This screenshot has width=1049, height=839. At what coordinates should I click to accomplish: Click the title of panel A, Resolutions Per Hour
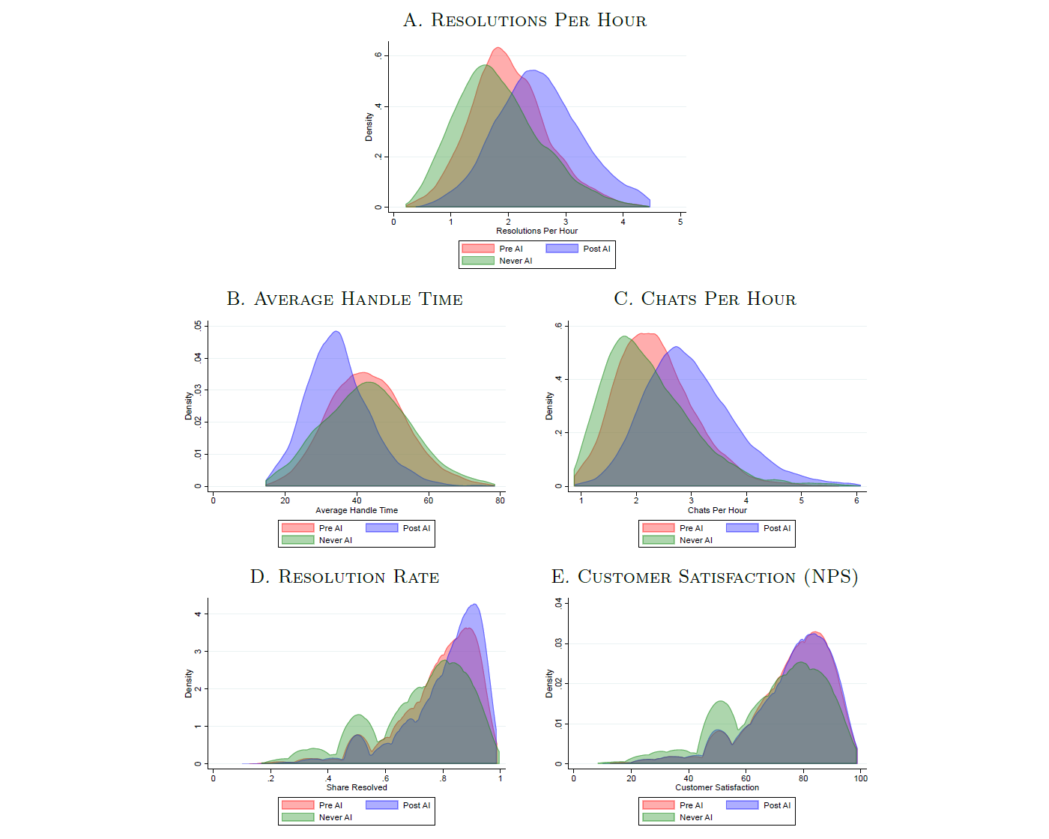[x=524, y=20]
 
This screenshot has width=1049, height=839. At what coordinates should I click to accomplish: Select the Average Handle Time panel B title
[x=345, y=299]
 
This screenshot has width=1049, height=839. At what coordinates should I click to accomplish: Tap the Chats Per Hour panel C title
[x=705, y=299]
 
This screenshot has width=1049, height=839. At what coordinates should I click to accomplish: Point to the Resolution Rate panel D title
[x=345, y=577]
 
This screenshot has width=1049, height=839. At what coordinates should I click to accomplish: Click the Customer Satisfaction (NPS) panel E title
[x=705, y=577]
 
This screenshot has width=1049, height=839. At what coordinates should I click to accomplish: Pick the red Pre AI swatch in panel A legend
[x=478, y=249]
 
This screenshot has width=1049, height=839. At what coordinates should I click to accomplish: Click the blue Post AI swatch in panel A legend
[x=562, y=249]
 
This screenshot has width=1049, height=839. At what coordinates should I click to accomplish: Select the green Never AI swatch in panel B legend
[x=297, y=540]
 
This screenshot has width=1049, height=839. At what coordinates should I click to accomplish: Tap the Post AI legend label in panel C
[x=777, y=528]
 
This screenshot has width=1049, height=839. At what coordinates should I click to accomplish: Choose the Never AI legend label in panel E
[x=696, y=817]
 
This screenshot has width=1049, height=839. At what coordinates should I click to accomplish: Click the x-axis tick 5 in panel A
[x=680, y=222]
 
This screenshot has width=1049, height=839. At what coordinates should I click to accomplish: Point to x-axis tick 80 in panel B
[x=500, y=500]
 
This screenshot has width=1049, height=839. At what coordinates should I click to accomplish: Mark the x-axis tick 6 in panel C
[x=856, y=500]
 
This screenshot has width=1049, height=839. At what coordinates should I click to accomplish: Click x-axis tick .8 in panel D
[x=443, y=778]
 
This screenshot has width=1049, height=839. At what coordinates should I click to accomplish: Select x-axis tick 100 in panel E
[x=861, y=778]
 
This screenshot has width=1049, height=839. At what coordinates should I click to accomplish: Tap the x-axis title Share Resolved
[x=357, y=787]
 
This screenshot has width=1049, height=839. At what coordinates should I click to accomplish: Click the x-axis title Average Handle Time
[x=357, y=510]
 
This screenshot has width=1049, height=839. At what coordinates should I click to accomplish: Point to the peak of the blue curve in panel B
[x=336, y=331]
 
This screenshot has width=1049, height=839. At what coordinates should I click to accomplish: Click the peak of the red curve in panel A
[x=498, y=48]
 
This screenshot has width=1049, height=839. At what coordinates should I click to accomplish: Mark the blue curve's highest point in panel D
[x=474, y=605]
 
